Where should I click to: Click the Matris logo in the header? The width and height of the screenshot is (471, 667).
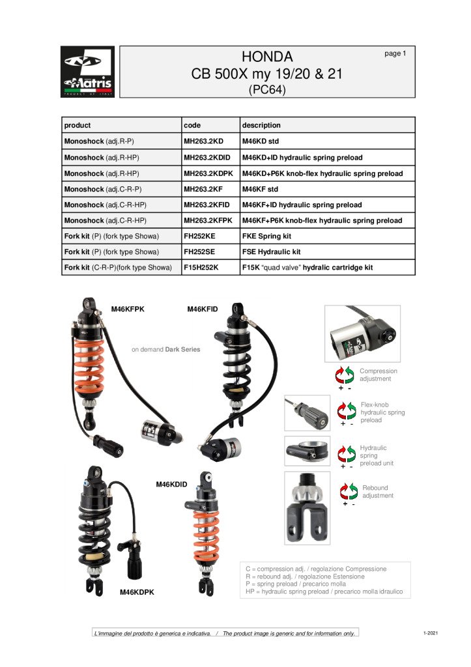(x=87, y=72)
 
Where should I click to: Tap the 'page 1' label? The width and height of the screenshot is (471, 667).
(x=395, y=53)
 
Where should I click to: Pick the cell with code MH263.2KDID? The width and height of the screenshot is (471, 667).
(x=208, y=158)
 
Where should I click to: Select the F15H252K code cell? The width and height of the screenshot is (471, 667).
(x=201, y=268)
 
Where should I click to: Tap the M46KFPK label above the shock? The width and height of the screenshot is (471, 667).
(x=128, y=309)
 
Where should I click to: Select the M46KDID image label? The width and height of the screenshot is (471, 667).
(x=171, y=485)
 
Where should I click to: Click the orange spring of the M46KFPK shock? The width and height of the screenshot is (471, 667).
(x=89, y=365)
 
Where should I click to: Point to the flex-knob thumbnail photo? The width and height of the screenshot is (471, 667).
(x=307, y=413)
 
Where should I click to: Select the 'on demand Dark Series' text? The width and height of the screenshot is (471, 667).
(x=165, y=350)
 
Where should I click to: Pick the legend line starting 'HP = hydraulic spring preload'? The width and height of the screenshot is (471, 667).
(x=324, y=592)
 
